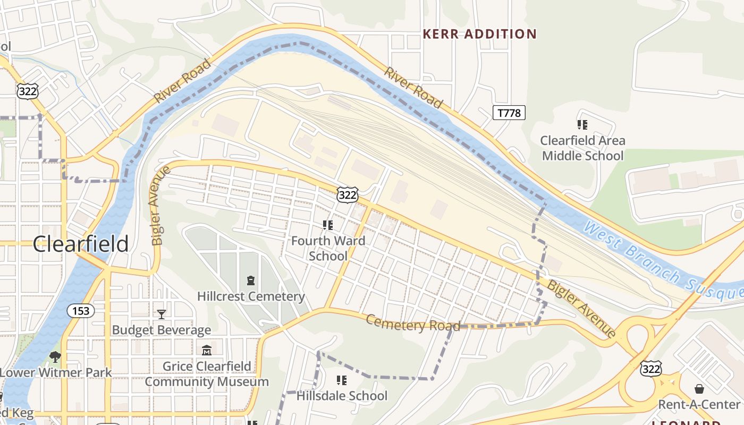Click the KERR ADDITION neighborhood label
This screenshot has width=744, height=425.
(479, 35)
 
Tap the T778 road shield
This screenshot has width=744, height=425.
(509, 113)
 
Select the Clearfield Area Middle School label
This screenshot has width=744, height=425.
(582, 148)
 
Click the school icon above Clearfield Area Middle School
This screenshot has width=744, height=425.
(582, 125)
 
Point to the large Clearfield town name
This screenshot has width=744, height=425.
(81, 244)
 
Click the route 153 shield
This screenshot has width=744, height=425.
(81, 310)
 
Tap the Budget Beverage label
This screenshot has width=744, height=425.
(161, 330)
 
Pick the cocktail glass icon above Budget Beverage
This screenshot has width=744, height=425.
(162, 314)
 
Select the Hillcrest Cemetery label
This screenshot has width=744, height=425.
(251, 296)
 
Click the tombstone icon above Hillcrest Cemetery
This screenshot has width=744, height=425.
(251, 280)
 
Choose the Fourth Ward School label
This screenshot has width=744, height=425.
(328, 248)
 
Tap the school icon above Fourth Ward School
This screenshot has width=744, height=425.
(328, 225)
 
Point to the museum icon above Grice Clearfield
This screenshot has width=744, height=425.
(207, 351)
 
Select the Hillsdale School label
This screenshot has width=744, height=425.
(342, 396)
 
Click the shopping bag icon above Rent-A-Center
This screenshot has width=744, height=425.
(699, 389)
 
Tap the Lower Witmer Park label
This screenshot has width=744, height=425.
(56, 372)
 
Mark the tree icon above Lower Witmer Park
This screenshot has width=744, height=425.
(55, 356)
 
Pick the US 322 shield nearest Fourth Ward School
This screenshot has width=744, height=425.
(348, 194)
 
